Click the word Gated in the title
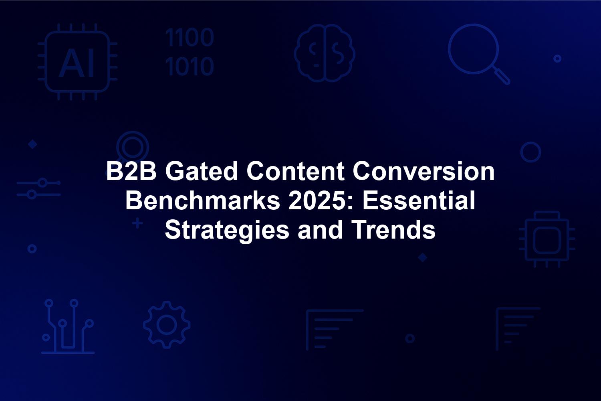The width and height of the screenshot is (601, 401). tap(202, 171)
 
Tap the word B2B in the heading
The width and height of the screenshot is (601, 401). tap(131, 171)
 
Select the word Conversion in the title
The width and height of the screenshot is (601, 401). tap(424, 171)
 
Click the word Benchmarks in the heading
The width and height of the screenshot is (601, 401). tap(203, 200)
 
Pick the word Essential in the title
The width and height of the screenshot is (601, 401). tap(419, 200)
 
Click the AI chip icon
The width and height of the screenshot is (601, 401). tap(77, 62)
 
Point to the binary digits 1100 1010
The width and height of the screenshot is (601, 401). tap(190, 52)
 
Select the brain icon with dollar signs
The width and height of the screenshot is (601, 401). tap(325, 53)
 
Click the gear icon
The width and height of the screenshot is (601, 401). tap(167, 325)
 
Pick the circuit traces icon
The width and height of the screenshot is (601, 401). tap(68, 326)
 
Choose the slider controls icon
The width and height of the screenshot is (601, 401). tap(38, 188)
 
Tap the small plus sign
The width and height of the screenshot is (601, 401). tap(138, 223)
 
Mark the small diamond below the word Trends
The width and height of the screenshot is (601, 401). tap(423, 257)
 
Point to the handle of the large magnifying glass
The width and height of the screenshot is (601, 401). tap(502, 76)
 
